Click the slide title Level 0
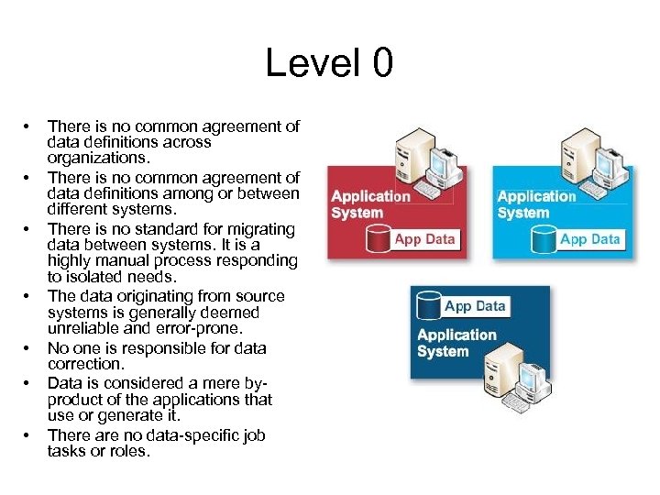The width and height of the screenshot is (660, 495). click(x=329, y=63)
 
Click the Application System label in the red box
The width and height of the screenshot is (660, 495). click(x=370, y=204)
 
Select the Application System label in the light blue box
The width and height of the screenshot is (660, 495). click(x=536, y=204)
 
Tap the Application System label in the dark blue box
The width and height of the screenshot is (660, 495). click(x=456, y=343)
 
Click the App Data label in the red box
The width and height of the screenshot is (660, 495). click(x=424, y=239)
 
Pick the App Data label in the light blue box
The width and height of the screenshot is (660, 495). click(x=589, y=239)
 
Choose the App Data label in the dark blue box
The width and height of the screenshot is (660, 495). click(x=475, y=306)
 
